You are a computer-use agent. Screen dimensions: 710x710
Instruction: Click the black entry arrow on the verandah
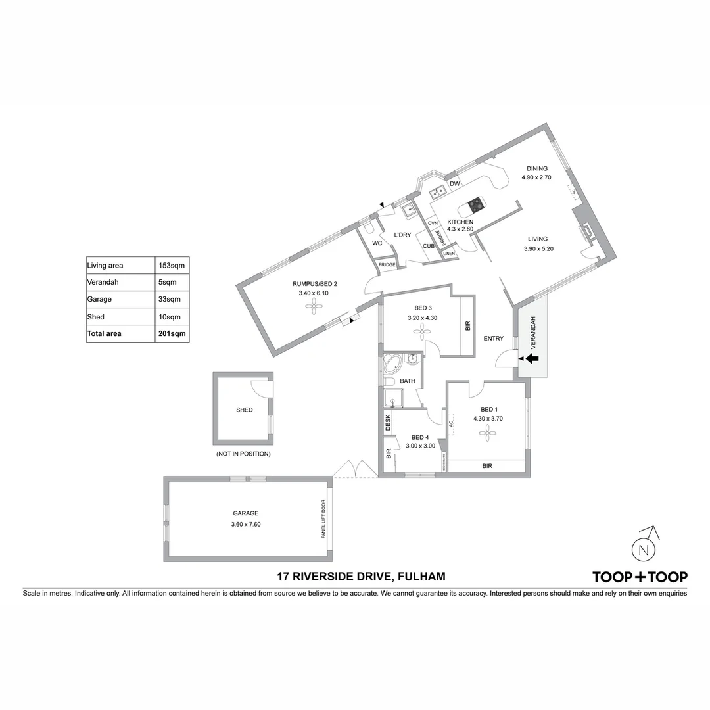click(532, 358)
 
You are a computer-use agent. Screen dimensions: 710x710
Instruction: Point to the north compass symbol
click(644, 548)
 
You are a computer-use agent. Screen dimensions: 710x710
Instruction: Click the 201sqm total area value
click(172, 334)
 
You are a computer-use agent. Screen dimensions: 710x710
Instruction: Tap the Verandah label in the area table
click(102, 282)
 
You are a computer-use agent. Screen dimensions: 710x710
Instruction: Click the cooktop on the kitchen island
click(476, 205)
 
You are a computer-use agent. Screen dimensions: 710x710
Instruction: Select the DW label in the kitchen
click(454, 184)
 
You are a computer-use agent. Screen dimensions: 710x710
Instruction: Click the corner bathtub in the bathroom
click(394, 363)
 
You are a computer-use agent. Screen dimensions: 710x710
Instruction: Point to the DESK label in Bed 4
click(388, 421)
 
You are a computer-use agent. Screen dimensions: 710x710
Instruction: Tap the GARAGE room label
click(245, 513)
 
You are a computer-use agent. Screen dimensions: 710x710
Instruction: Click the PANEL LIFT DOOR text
click(323, 518)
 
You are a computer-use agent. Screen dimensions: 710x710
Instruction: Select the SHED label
click(244, 410)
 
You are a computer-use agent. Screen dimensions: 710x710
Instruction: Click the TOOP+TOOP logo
click(640, 577)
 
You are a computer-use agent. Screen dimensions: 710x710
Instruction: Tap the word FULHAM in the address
click(421, 577)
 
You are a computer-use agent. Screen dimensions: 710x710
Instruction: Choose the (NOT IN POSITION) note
click(243, 454)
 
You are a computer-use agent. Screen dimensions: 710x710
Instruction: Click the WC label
click(377, 243)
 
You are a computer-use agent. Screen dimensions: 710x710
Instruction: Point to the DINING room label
click(536, 169)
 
